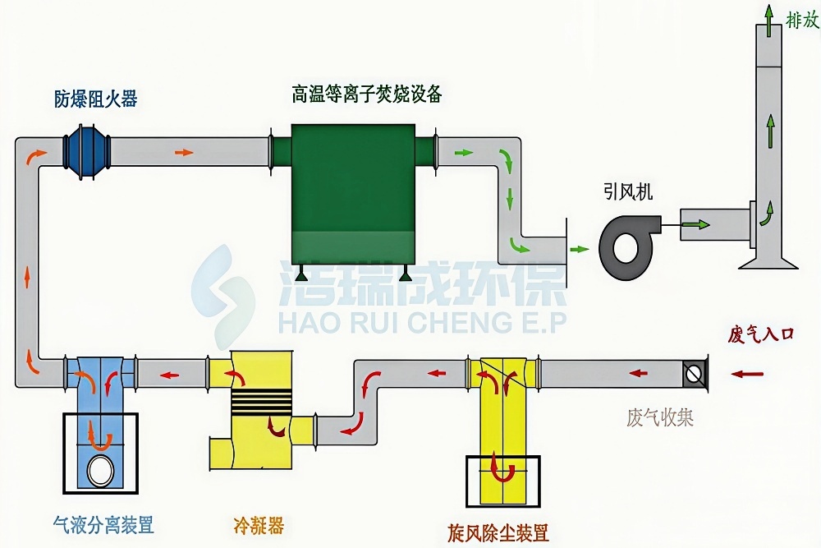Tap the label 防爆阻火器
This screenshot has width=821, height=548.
96,99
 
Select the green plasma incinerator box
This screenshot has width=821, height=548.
353,194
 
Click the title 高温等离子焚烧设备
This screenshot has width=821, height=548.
366,94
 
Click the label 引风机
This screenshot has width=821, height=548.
628,192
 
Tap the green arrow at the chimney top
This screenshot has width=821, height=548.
768,21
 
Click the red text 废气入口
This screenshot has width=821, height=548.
760,334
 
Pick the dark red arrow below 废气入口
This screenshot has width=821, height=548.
747,374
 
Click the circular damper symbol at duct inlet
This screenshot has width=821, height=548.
695,373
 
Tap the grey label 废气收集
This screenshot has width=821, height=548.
660,417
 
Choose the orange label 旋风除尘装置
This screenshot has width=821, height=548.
498,533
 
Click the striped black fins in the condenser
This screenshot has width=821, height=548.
262,402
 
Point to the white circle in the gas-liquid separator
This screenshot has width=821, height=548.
100,471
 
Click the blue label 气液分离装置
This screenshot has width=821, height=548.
103,524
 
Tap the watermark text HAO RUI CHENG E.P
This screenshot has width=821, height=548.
422,321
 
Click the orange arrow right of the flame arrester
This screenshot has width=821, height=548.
184,153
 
